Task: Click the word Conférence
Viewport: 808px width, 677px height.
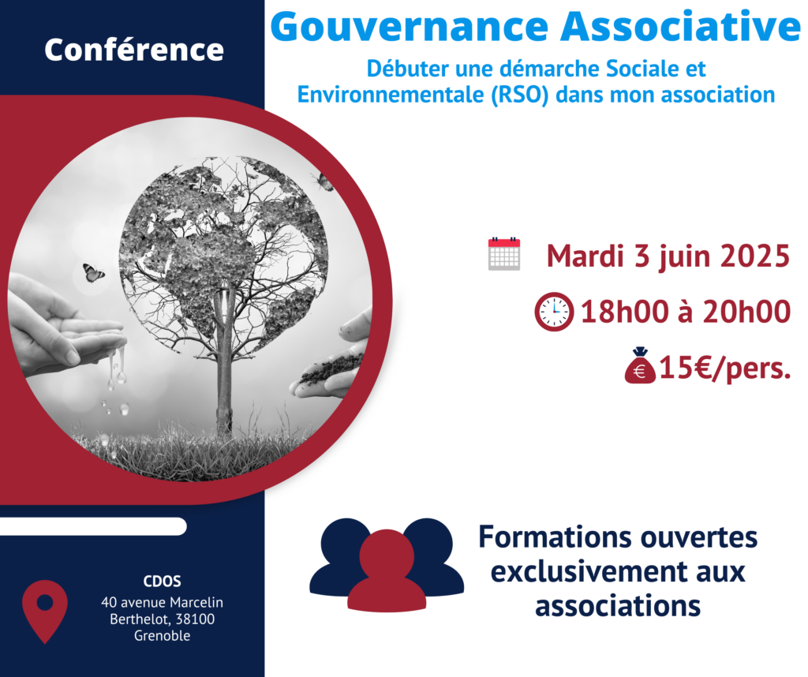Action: point(134,50)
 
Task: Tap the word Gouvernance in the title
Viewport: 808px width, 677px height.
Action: point(410,26)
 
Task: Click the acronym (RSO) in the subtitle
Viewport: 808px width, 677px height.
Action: point(519,95)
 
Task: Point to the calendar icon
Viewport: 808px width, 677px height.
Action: point(504,253)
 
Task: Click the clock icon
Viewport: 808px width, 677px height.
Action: point(554,312)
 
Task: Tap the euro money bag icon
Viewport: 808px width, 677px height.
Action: point(640,366)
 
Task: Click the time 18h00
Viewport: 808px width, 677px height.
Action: point(624,312)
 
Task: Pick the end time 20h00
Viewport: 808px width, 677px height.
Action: point(746,312)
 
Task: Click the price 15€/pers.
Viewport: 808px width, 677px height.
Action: point(725,368)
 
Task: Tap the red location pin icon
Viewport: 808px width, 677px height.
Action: point(45,612)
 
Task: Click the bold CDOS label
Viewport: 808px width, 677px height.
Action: point(163,582)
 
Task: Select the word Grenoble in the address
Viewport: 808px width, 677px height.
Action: point(163,636)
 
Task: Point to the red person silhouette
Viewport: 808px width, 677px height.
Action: point(387,570)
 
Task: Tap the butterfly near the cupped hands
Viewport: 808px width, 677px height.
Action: point(93,272)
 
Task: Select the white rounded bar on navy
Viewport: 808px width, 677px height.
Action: point(93,526)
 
